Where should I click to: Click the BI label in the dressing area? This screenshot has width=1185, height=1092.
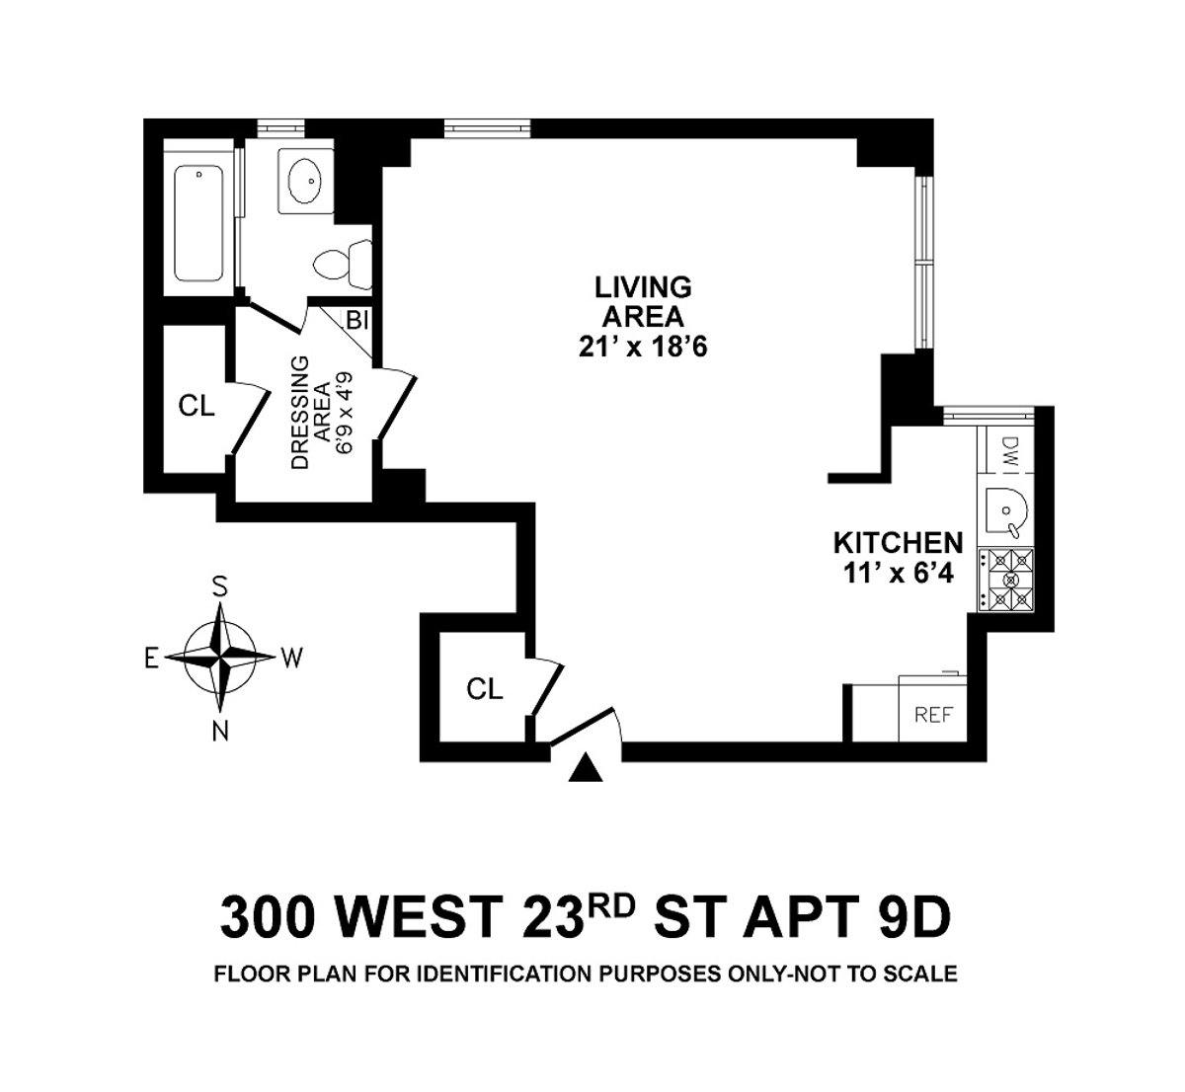(x=355, y=320)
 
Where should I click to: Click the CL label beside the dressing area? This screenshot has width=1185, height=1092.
(x=197, y=406)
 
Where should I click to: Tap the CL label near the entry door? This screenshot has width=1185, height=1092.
(x=484, y=688)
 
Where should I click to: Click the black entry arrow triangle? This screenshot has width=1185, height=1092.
(x=587, y=768)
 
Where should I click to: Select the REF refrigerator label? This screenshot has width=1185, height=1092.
(x=933, y=715)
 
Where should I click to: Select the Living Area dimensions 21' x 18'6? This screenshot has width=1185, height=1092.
(x=643, y=348)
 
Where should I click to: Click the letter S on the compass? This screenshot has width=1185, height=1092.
(x=221, y=586)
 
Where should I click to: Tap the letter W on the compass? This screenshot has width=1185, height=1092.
(x=292, y=659)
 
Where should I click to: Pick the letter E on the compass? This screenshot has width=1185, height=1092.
(x=151, y=660)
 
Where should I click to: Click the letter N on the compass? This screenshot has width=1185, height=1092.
(x=221, y=731)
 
